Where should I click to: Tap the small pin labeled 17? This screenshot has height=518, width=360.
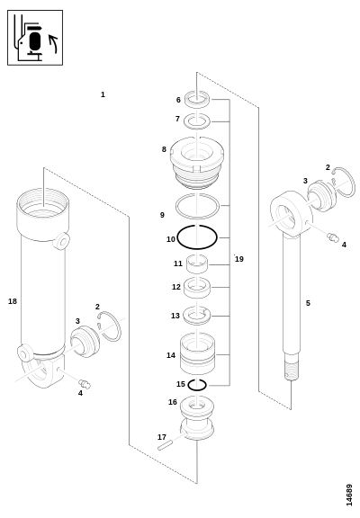pos(166,444)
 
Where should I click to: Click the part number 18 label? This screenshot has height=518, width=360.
pos(13,301)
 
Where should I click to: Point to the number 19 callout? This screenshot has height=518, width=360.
pos(239,259)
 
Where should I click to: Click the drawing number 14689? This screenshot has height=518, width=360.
pos(349,495)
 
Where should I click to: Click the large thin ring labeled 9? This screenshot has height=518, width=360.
pos(176,207)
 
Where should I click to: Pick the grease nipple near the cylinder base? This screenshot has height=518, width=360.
pos(85,384)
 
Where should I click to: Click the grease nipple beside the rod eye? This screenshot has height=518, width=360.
pos(333,237)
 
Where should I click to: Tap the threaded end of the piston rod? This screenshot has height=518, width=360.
pos(292,370)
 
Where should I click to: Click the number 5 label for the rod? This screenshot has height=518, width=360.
pos(308,303)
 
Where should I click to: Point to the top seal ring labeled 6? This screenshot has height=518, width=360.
pos(197,100)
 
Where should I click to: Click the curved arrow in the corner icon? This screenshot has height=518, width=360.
pos(54,43)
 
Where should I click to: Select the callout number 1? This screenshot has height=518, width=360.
pos(103,94)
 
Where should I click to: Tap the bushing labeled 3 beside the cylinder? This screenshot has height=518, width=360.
pos(85,341)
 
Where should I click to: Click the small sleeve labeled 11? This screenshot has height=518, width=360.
pos(197,264)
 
